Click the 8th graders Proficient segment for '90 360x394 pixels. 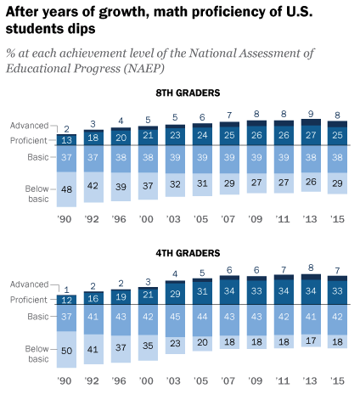tap(67, 139)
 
